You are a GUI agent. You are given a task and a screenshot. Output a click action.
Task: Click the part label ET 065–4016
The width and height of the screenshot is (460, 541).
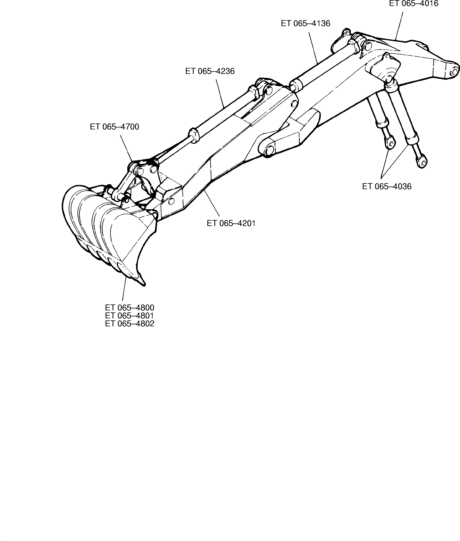pos(414,4)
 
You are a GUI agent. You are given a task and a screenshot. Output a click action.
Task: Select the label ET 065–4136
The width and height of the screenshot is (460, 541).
pos(305,23)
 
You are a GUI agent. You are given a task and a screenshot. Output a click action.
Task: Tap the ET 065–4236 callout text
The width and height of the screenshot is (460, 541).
pos(210,71)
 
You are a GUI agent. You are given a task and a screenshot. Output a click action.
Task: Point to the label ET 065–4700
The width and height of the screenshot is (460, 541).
pos(115,127)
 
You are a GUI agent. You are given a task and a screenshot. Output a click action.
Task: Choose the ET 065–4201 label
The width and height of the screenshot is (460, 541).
pos(231,223)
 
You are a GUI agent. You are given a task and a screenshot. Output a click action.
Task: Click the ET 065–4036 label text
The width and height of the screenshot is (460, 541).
pos(387,186)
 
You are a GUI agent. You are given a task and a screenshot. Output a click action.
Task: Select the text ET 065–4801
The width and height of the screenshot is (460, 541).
pos(130,316)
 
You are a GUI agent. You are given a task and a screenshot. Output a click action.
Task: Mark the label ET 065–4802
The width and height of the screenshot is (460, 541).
pos(130,324)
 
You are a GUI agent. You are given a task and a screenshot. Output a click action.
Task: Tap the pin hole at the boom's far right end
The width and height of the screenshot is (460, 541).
pos(454,71)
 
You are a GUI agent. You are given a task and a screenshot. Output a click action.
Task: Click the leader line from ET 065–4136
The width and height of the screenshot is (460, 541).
pos(313,48)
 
